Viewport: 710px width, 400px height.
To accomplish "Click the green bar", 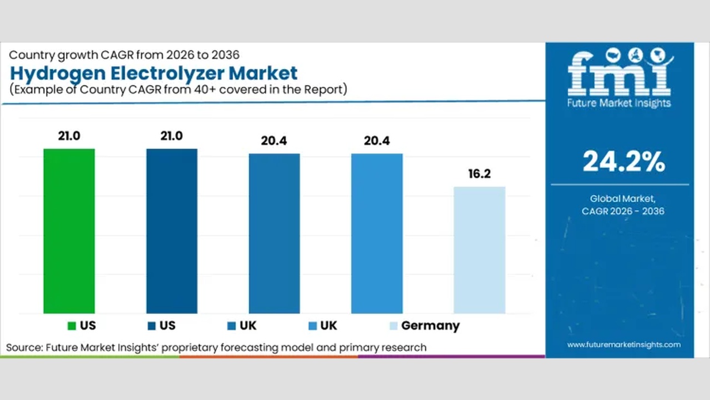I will coord(69,231).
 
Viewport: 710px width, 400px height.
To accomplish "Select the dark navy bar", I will coord(171,231).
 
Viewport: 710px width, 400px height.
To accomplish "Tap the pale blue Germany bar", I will coord(479,250).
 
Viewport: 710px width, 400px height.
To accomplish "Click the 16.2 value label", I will coord(479,174).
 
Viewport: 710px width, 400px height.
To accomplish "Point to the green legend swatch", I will coord(72,326).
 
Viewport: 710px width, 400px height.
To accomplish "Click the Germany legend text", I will coord(430,326).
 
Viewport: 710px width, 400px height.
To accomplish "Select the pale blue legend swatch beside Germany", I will coord(394,326).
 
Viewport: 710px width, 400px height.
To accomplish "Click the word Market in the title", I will coord(264,73).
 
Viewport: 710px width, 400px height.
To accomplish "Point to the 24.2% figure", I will coord(623,162).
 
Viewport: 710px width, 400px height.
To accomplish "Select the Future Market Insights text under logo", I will coord(619,103).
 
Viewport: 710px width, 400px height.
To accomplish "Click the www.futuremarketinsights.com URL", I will coord(623,344).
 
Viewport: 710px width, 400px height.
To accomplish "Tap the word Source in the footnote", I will coord(24,348).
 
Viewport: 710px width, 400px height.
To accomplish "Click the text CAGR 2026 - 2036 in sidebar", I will coord(623,211).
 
